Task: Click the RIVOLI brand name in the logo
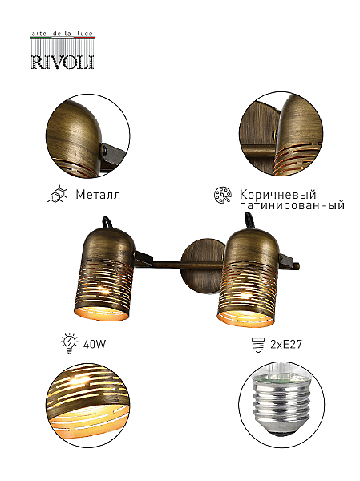tap(63, 62)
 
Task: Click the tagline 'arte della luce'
tap(63, 34)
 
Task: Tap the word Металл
tap(98, 195)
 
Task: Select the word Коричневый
tap(277, 195)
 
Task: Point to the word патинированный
tap(292, 205)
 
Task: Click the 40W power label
tap(95, 344)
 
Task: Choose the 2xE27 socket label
tap(286, 344)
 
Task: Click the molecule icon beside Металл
tap(58, 195)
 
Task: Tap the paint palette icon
tap(223, 195)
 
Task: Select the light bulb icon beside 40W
tap(71, 344)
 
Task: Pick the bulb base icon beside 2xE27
tap(257, 345)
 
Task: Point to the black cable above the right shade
tap(249, 222)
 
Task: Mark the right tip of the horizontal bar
tap(300, 265)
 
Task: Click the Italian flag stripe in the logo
tap(63, 38)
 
